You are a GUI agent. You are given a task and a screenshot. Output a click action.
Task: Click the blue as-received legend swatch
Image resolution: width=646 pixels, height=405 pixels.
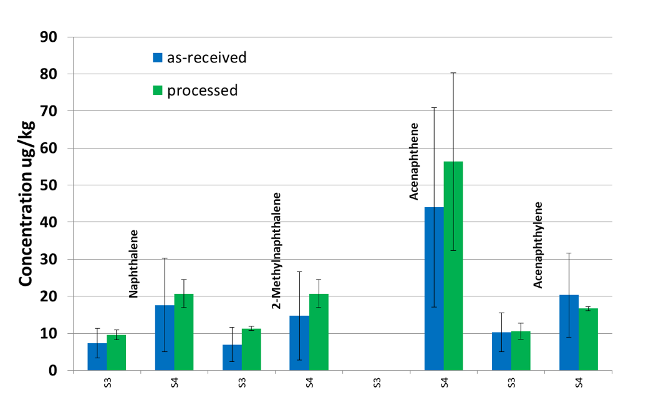tap(158, 58)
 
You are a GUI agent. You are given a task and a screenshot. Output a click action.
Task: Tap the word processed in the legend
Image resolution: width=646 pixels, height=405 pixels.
tap(203, 90)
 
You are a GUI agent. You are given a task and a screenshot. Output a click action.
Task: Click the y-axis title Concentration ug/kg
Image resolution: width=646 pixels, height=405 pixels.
tap(26, 203)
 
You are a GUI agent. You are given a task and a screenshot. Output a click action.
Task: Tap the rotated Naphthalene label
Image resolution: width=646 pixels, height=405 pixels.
tap(133, 263)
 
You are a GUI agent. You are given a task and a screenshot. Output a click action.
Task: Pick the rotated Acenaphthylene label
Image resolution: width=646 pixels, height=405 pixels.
tap(538, 245)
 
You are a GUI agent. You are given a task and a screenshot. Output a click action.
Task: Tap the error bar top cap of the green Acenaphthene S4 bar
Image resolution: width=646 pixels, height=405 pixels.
tap(453, 73)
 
